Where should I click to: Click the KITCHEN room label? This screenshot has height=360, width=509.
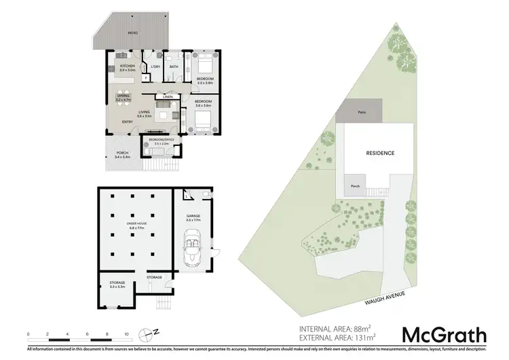[128, 66]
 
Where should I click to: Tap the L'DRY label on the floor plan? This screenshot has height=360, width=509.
[155, 67]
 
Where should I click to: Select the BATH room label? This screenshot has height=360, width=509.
[173, 67]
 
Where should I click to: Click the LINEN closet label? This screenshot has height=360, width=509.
[168, 97]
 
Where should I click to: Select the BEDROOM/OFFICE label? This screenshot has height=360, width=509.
[162, 140]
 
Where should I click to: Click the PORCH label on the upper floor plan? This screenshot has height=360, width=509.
[122, 154]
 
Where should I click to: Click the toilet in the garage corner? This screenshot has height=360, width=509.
[206, 196]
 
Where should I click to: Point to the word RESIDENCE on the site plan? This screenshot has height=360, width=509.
[380, 154]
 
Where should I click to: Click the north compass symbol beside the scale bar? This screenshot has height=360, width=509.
[149, 334]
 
